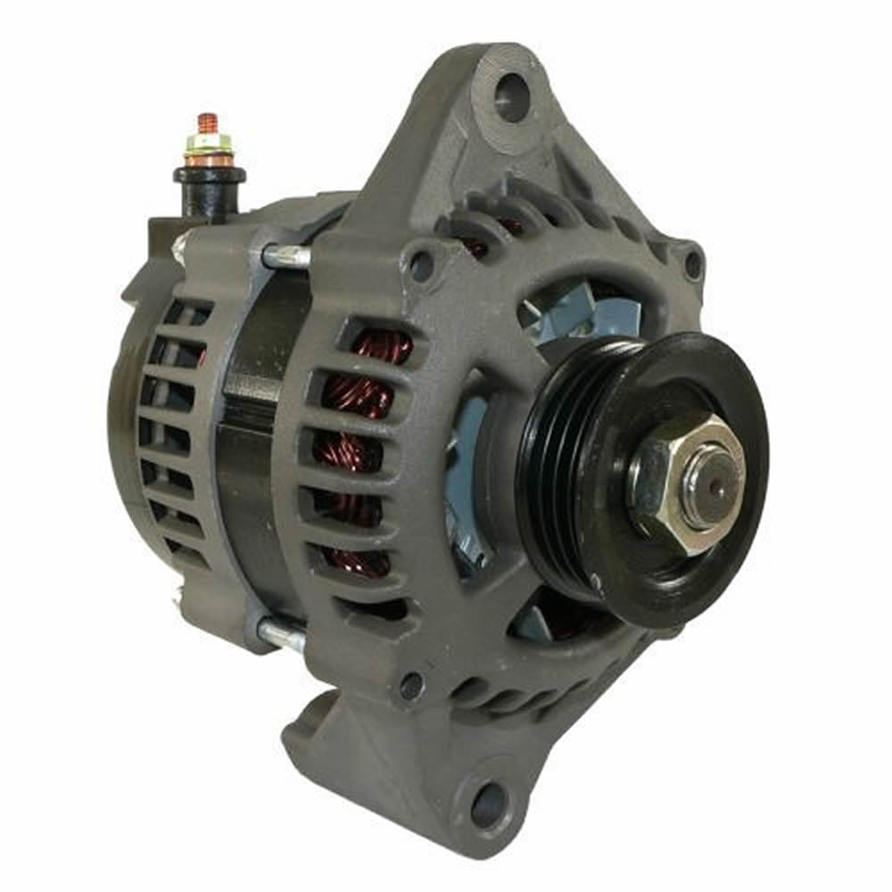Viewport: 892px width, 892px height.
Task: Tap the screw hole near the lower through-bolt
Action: pos(411,686)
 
